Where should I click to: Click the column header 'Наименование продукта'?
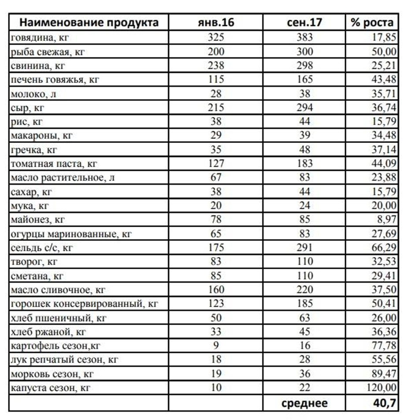89,22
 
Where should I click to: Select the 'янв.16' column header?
216,22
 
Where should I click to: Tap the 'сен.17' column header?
304,22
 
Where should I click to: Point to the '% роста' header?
372,22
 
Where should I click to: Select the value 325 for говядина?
216,38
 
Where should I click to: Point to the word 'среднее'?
304,402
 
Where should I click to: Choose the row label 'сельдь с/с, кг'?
42,247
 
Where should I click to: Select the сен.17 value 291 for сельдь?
304,247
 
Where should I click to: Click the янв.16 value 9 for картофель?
216,345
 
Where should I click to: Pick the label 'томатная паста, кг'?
54,164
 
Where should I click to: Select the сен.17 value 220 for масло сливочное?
304,290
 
